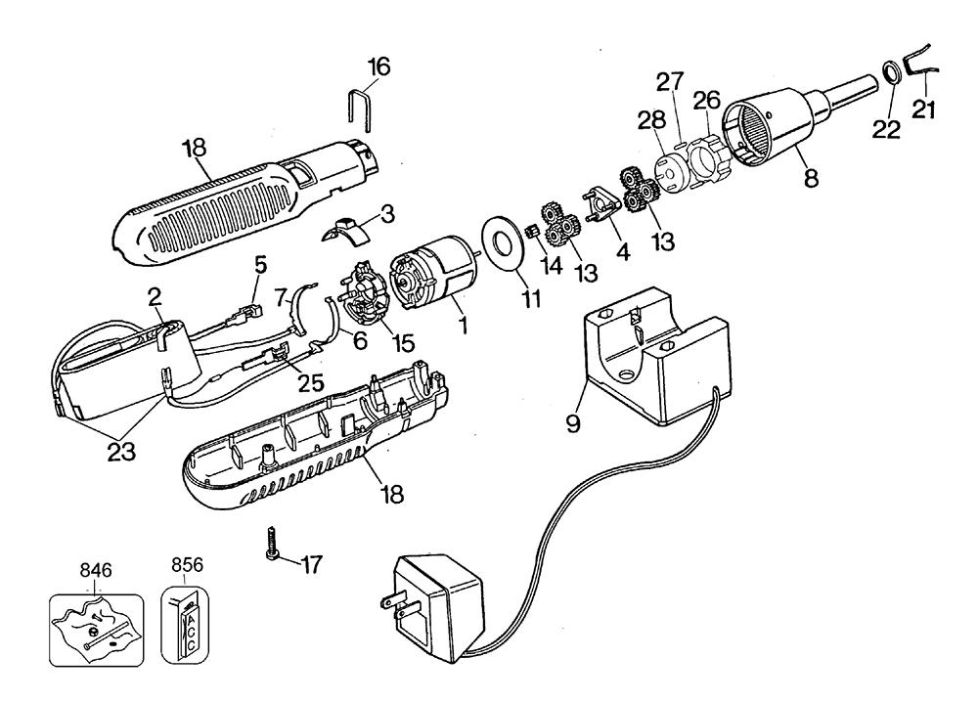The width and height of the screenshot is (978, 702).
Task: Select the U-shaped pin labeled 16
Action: [359, 109]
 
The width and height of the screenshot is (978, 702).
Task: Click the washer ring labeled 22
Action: [890, 73]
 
